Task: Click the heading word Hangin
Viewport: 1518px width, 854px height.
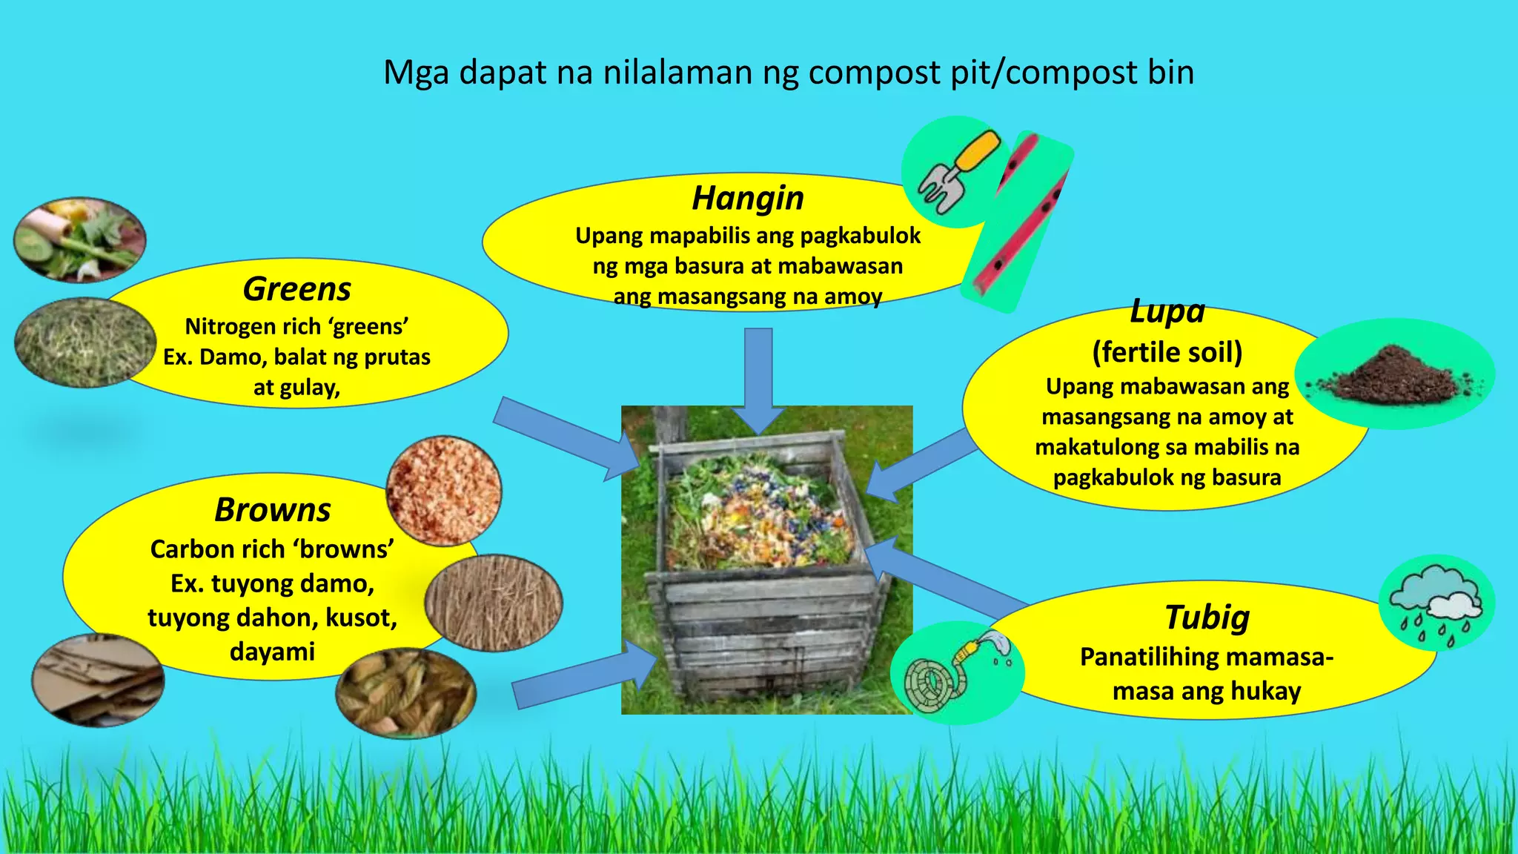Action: (x=747, y=199)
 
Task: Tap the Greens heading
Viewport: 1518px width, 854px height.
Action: (x=296, y=289)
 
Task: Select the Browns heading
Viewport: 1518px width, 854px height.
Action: (x=273, y=510)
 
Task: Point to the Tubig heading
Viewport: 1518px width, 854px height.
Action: (x=1207, y=617)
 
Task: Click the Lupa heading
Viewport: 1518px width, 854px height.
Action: (x=1167, y=311)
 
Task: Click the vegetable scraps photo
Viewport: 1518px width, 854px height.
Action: (x=79, y=239)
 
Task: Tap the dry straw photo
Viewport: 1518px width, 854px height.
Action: (x=494, y=602)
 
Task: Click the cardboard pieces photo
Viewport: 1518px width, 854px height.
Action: (x=97, y=680)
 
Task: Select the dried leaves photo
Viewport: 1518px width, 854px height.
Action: (x=405, y=693)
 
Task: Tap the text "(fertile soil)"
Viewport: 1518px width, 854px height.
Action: (x=1167, y=352)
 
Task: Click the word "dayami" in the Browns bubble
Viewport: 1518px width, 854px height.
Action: (x=272, y=652)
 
